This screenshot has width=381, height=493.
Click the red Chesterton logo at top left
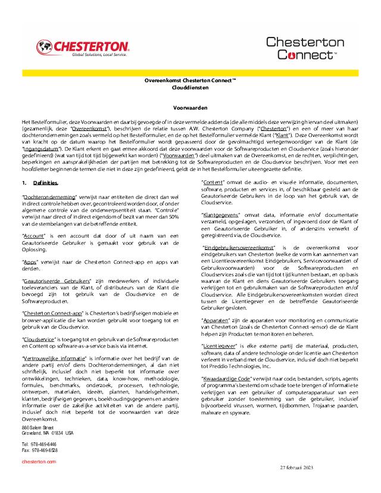pos(83,47)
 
